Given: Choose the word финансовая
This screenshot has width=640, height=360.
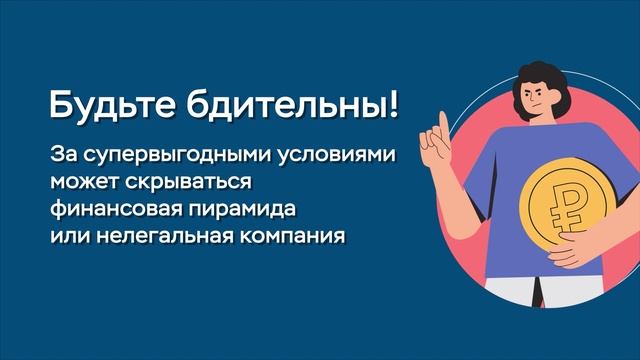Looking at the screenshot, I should pyautogui.click(x=111, y=212).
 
